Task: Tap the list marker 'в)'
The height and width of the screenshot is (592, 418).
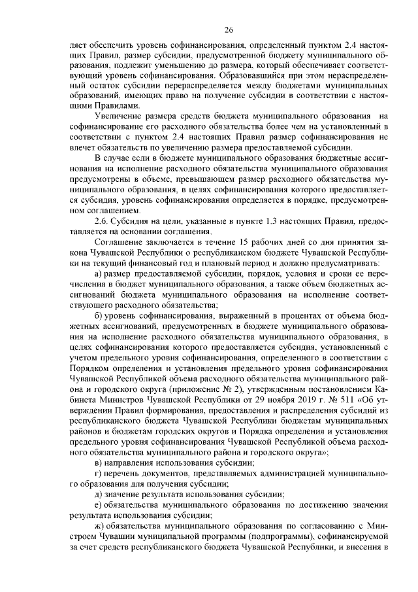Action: click(x=99, y=463)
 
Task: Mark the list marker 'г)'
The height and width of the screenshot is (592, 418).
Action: click(x=99, y=474)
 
